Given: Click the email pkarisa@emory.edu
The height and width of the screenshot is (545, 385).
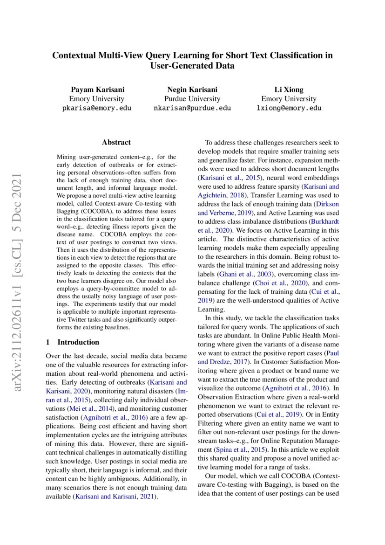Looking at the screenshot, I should (x=96, y=108).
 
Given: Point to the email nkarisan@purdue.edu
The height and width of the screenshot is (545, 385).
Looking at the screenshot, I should (x=192, y=108).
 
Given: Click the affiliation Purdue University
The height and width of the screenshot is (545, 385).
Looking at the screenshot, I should (x=192, y=99).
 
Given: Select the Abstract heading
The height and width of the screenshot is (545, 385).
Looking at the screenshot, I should (x=116, y=142).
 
